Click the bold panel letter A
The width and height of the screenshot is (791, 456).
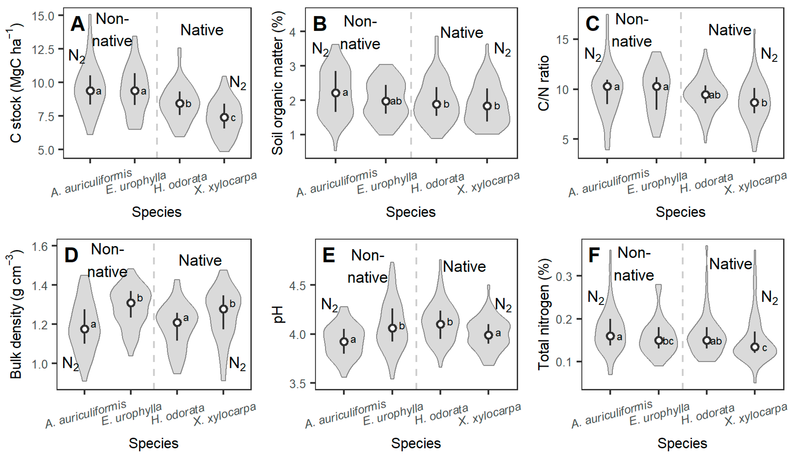[x=77, y=24]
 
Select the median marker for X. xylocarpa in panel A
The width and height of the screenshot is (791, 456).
[x=224, y=118]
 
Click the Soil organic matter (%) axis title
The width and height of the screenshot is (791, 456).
[x=278, y=83]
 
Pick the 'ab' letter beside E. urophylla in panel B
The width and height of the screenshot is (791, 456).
[x=396, y=101]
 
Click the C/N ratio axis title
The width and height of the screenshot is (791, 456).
[x=544, y=83]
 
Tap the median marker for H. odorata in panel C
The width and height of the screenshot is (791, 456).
[x=705, y=95]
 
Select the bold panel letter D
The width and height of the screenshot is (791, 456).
[x=71, y=255]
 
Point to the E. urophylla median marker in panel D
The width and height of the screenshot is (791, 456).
[x=131, y=303]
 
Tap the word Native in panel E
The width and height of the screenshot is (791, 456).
[x=464, y=267]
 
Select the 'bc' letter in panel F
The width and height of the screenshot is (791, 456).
[x=668, y=341]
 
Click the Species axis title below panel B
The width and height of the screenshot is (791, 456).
[x=411, y=212]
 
